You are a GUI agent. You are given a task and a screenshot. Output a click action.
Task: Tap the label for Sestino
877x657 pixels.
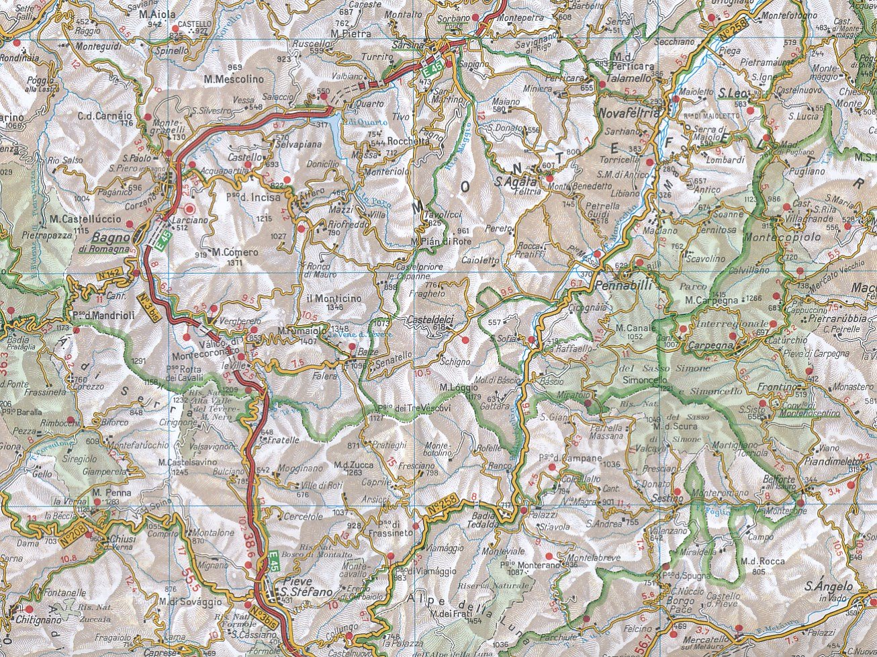[667, 498]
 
